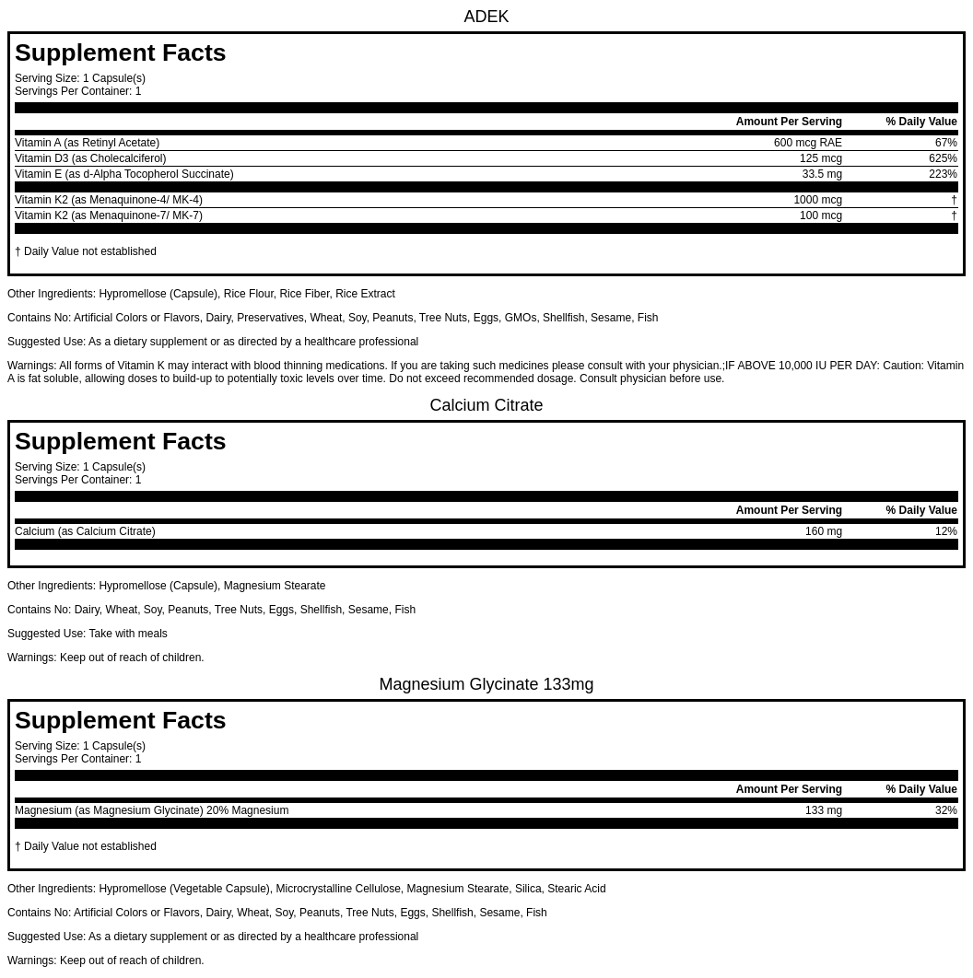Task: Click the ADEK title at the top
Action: click(486, 17)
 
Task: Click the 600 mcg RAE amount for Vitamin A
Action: click(807, 143)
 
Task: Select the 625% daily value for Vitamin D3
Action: click(943, 158)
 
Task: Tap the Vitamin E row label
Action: click(123, 174)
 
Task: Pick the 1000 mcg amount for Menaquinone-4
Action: click(817, 200)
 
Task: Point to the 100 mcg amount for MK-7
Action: click(820, 215)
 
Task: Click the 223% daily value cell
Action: click(943, 174)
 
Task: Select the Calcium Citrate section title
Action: click(486, 405)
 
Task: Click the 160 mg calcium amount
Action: click(823, 531)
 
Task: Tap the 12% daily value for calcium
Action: click(945, 531)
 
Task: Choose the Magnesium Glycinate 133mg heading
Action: click(486, 684)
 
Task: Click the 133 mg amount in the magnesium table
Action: click(823, 810)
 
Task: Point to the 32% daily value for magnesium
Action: click(945, 810)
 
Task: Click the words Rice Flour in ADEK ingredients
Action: click(248, 294)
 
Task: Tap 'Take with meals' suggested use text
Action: click(128, 634)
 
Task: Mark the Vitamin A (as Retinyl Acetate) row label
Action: click(87, 143)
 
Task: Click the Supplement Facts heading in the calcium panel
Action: click(120, 441)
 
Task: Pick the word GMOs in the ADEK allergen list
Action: click(520, 318)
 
